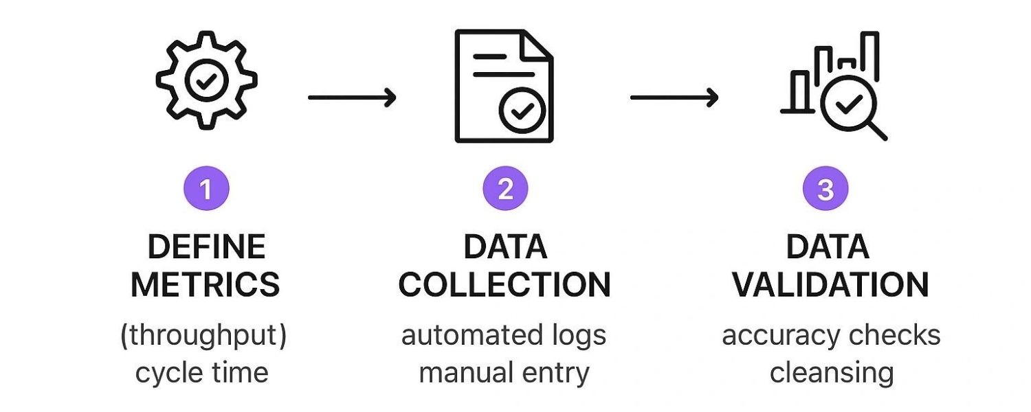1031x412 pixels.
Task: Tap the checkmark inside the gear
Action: (x=205, y=81)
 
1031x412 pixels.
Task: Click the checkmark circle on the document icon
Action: (x=522, y=109)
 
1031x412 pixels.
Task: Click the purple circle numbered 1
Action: (x=206, y=189)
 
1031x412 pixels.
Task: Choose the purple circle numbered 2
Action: (x=505, y=189)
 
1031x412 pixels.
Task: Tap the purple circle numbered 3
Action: (x=825, y=189)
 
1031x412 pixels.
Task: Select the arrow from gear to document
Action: (x=352, y=98)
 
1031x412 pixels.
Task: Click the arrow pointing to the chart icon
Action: (x=674, y=98)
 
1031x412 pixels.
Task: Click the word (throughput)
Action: (x=203, y=336)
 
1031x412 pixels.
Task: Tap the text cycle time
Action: (x=201, y=373)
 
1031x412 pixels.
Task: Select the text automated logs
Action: (x=504, y=336)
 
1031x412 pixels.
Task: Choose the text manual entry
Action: (x=504, y=373)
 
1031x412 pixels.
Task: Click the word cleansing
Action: (x=832, y=373)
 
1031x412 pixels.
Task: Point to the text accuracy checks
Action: (x=831, y=336)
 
